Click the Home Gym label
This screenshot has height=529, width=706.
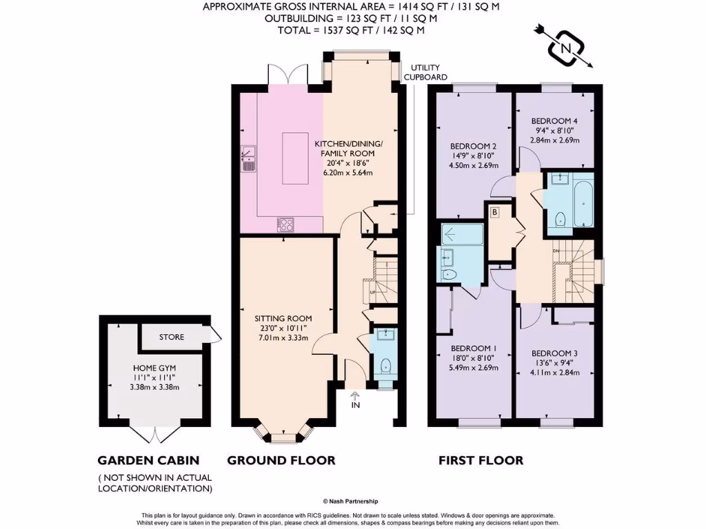(x=155, y=368)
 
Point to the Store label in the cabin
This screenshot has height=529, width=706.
(x=172, y=338)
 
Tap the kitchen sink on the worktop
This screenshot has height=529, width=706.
(x=248, y=159)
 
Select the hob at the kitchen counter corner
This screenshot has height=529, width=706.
(x=285, y=223)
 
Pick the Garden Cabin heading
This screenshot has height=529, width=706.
(x=148, y=460)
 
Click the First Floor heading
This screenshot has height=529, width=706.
(x=481, y=460)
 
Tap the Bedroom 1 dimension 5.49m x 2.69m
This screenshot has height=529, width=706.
(x=474, y=367)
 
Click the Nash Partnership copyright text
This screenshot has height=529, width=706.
(x=352, y=502)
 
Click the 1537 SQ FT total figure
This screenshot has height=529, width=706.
(x=337, y=31)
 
